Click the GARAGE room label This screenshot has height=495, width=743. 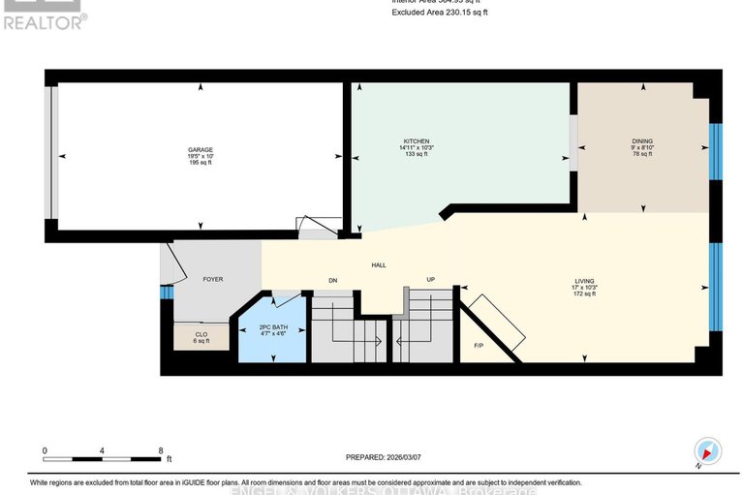click(201, 149)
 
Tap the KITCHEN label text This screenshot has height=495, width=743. click(417, 140)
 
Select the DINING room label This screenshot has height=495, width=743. click(642, 140)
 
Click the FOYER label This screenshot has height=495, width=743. click(212, 279)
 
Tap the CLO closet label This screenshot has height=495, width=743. click(201, 334)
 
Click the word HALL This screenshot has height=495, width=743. click(380, 264)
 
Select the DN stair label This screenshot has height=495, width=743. click(332, 279)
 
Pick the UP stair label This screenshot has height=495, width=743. click(431, 279)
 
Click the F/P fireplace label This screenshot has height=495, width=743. click(478, 345)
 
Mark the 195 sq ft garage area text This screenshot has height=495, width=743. click(201, 163)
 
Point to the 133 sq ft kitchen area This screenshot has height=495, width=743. click(417, 154)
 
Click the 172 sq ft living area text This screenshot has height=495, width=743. click(584, 294)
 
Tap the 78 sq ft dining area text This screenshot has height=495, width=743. click(642, 154)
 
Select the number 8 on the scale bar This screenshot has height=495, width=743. click(161, 450)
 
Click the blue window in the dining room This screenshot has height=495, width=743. click(716, 151)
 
